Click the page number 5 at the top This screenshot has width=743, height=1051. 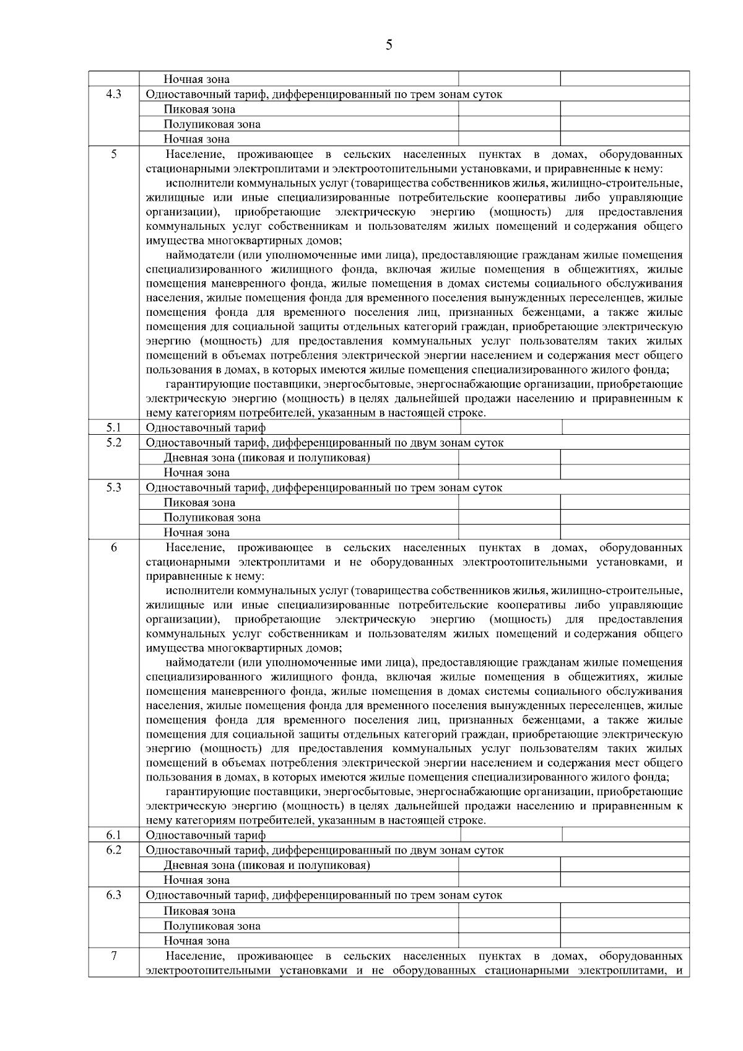pos(388,45)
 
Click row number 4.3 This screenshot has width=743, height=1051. pos(113,94)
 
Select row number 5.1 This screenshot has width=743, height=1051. pos(113,427)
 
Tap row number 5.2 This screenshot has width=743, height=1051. pos(113,442)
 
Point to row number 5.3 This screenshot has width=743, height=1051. pos(113,487)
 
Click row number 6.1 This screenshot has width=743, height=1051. pos(113,835)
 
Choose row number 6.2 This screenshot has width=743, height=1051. pos(113,850)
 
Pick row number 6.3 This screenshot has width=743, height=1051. pos(113,895)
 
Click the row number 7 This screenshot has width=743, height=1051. pos(113,956)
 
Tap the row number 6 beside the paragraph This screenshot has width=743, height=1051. pos(113,547)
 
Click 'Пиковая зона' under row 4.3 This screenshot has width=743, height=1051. pos(199,109)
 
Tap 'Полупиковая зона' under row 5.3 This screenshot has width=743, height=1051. pos(212,517)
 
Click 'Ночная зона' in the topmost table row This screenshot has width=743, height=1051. pos(196,79)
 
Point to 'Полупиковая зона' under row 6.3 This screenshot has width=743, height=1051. pos(212,926)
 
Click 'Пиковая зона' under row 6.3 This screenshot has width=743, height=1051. pos(199,911)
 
